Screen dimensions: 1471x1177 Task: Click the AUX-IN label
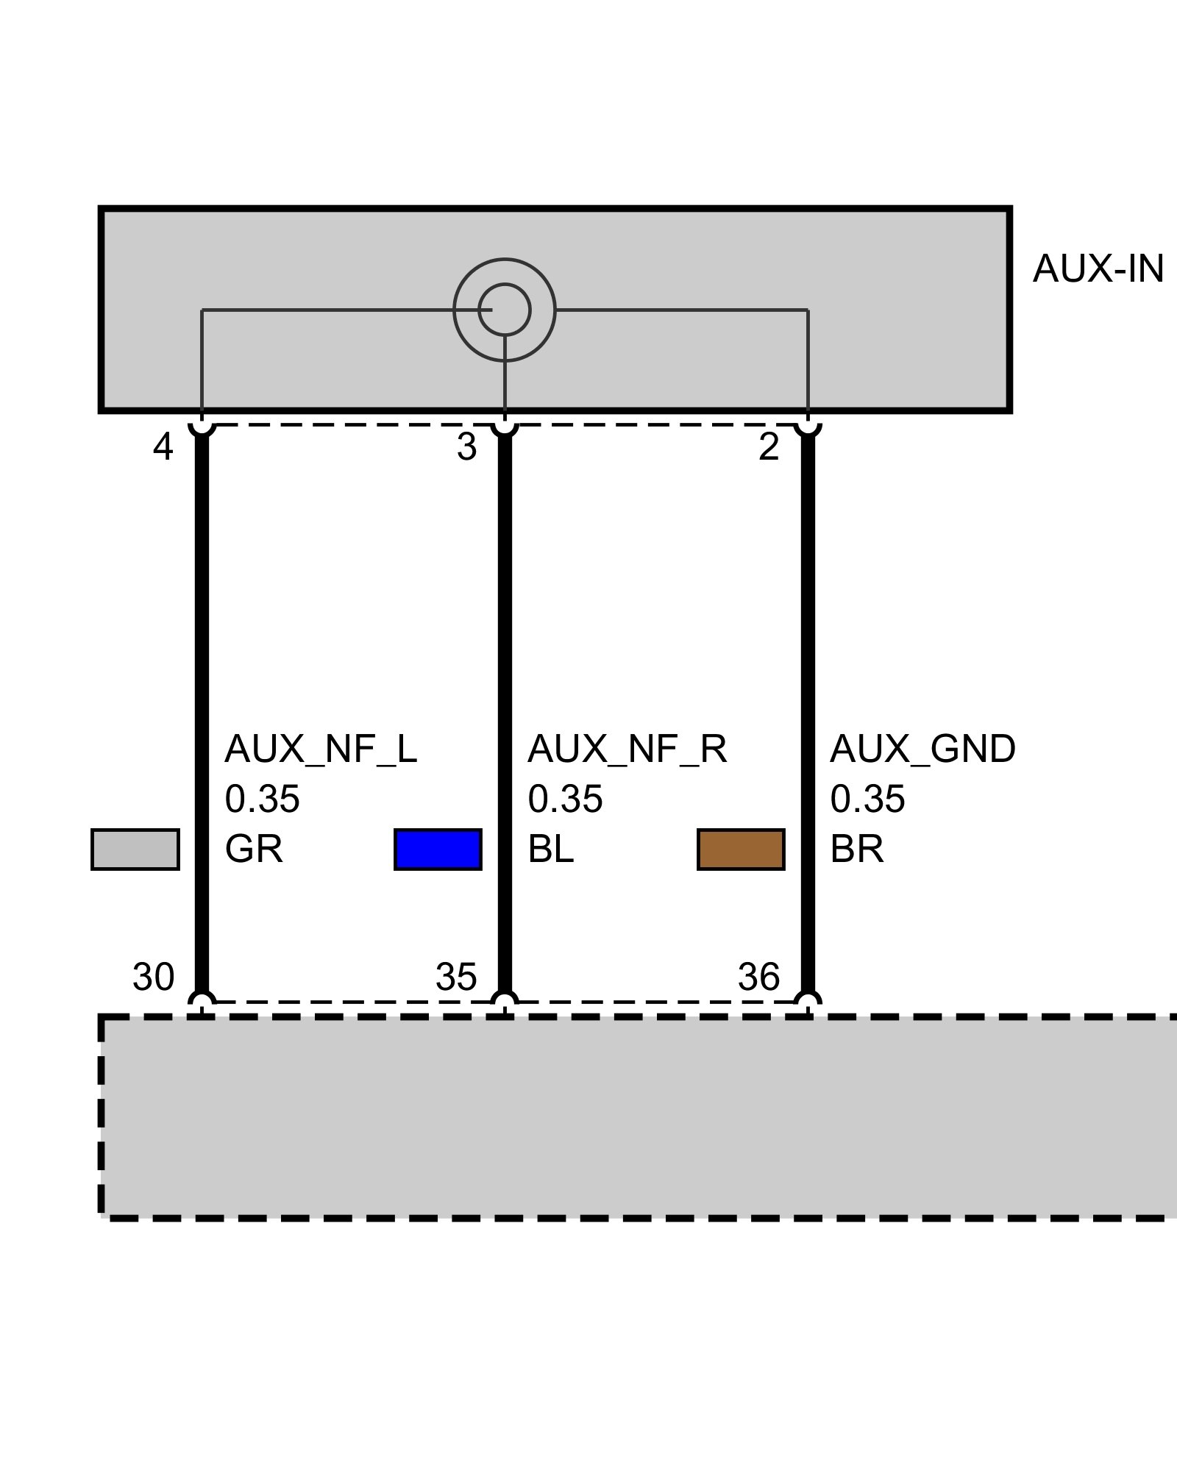(1098, 269)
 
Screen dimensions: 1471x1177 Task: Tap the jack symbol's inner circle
(505, 310)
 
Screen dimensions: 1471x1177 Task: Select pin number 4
(163, 447)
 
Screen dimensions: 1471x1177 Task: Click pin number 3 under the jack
(466, 447)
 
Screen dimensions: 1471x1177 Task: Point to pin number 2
(769, 447)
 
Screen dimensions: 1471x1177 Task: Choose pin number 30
(153, 977)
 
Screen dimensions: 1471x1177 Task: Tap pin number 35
(456, 977)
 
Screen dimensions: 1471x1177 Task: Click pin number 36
(758, 977)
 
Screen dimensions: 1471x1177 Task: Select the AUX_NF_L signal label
(321, 749)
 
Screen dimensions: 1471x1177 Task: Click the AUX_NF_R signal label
(627, 749)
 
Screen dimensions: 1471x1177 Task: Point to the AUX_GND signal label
(922, 749)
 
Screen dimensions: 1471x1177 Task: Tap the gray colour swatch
(135, 850)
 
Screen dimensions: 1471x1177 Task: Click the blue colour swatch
(438, 850)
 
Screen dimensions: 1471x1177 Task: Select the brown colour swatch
(741, 850)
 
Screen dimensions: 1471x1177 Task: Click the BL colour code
(550, 850)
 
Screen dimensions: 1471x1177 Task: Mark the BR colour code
(857, 850)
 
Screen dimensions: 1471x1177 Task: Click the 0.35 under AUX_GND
(867, 799)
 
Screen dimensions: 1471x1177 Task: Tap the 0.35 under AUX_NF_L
(262, 799)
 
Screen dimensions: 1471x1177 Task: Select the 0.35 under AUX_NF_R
(565, 799)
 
